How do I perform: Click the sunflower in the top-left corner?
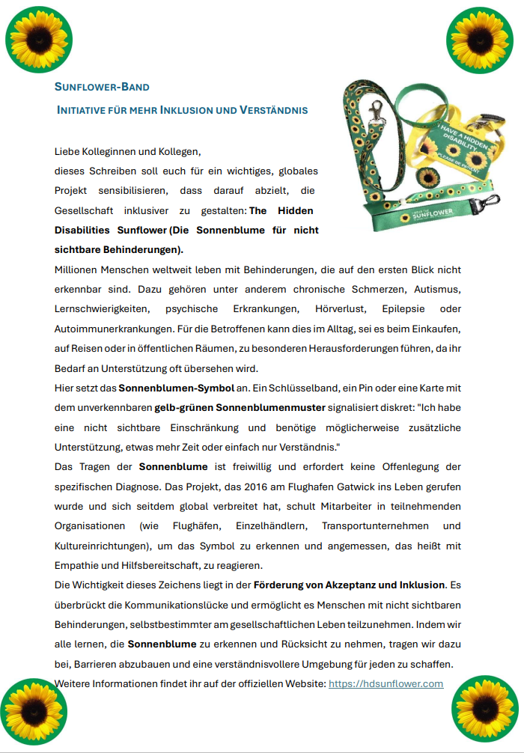tap(39, 38)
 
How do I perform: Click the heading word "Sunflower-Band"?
tap(102, 87)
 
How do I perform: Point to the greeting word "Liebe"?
tap(68, 151)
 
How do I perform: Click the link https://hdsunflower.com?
tap(386, 683)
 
